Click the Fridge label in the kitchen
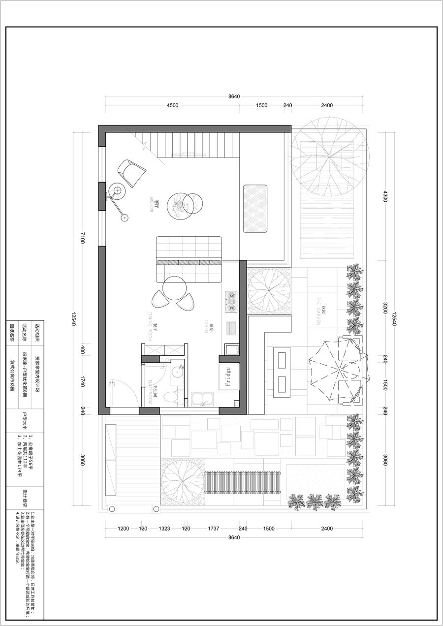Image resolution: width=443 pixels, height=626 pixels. coord(228,377)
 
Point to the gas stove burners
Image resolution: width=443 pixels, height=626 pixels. coord(231,302)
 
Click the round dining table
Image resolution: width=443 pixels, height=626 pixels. coord(174,288)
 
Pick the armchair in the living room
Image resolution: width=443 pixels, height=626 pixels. coord(131,172)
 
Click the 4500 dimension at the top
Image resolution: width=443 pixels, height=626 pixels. coord(172,105)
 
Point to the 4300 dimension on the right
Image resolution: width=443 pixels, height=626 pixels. coord(385,196)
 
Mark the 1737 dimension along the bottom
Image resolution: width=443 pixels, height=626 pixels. coord(213,529)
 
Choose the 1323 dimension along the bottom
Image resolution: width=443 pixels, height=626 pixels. coord(164,529)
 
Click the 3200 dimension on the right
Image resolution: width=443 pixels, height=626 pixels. coord(385,308)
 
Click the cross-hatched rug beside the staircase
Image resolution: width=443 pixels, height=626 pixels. coord(255,208)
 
